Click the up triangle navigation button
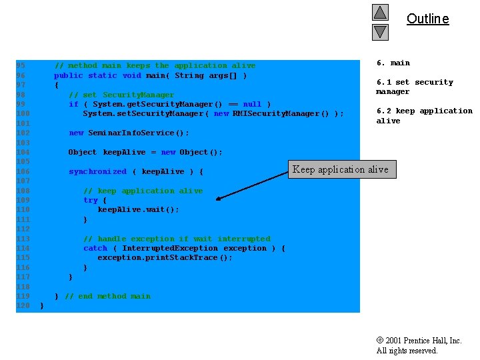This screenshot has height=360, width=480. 380,12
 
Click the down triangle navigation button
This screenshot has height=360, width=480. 380,32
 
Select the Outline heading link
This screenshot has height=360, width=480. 427,19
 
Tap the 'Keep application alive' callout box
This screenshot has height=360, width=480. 342,169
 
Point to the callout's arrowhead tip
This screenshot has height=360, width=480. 216,199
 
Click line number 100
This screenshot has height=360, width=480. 23,113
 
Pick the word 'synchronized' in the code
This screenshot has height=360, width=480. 97,171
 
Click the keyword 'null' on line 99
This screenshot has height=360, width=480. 252,104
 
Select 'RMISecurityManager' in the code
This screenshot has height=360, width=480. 276,113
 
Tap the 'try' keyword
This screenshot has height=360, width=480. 91,200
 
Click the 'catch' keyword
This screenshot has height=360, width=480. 95,248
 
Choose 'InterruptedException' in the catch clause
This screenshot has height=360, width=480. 170,248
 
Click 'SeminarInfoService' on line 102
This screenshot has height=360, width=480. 131,133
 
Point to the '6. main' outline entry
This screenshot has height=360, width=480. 393,63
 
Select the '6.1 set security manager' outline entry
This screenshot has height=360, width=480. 415,87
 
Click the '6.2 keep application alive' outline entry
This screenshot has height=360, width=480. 424,115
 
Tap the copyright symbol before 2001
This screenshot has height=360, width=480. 380,340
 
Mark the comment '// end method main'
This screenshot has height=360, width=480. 108,296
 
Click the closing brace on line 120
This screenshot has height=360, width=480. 41,305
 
